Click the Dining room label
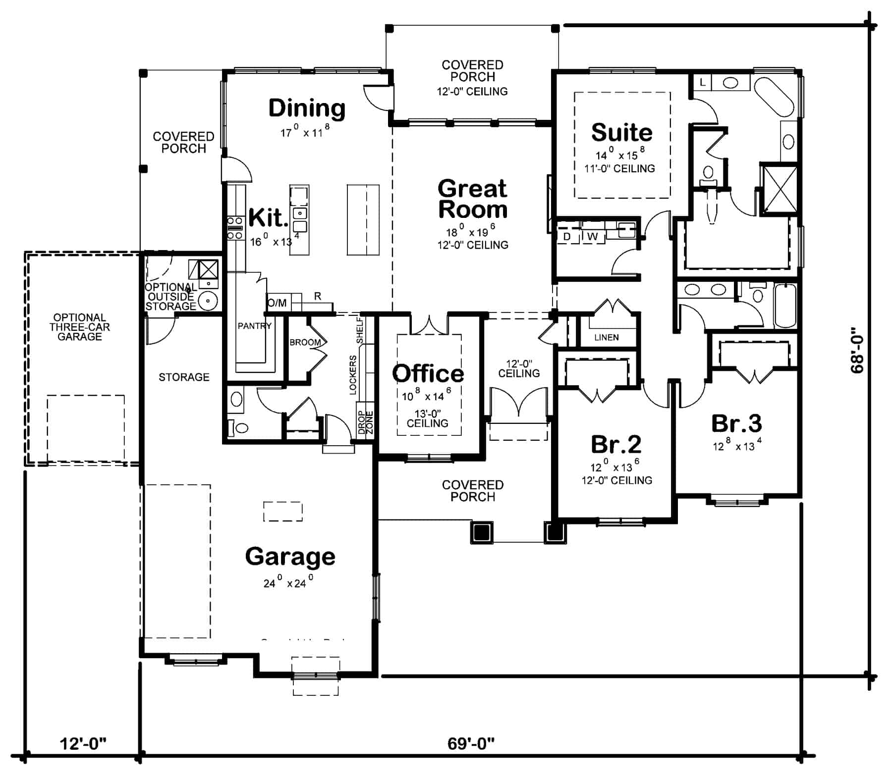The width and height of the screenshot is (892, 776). (307, 108)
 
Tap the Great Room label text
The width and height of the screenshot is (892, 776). (473, 199)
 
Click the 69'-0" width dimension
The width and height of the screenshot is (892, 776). (471, 743)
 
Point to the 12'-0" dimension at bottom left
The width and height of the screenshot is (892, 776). (83, 743)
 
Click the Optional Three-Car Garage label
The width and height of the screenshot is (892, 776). (79, 327)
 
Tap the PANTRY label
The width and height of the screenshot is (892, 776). (254, 326)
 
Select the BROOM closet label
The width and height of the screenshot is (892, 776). (305, 342)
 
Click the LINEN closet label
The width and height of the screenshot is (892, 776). (606, 337)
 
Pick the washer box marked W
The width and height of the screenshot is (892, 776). (592, 237)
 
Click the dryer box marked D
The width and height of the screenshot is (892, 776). (567, 237)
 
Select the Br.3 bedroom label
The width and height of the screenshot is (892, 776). (736, 423)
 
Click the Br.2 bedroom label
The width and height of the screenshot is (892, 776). (616, 444)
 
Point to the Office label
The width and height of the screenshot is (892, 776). (428, 373)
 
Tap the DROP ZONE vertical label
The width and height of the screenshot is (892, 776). (365, 422)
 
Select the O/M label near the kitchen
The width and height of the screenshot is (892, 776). (277, 303)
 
